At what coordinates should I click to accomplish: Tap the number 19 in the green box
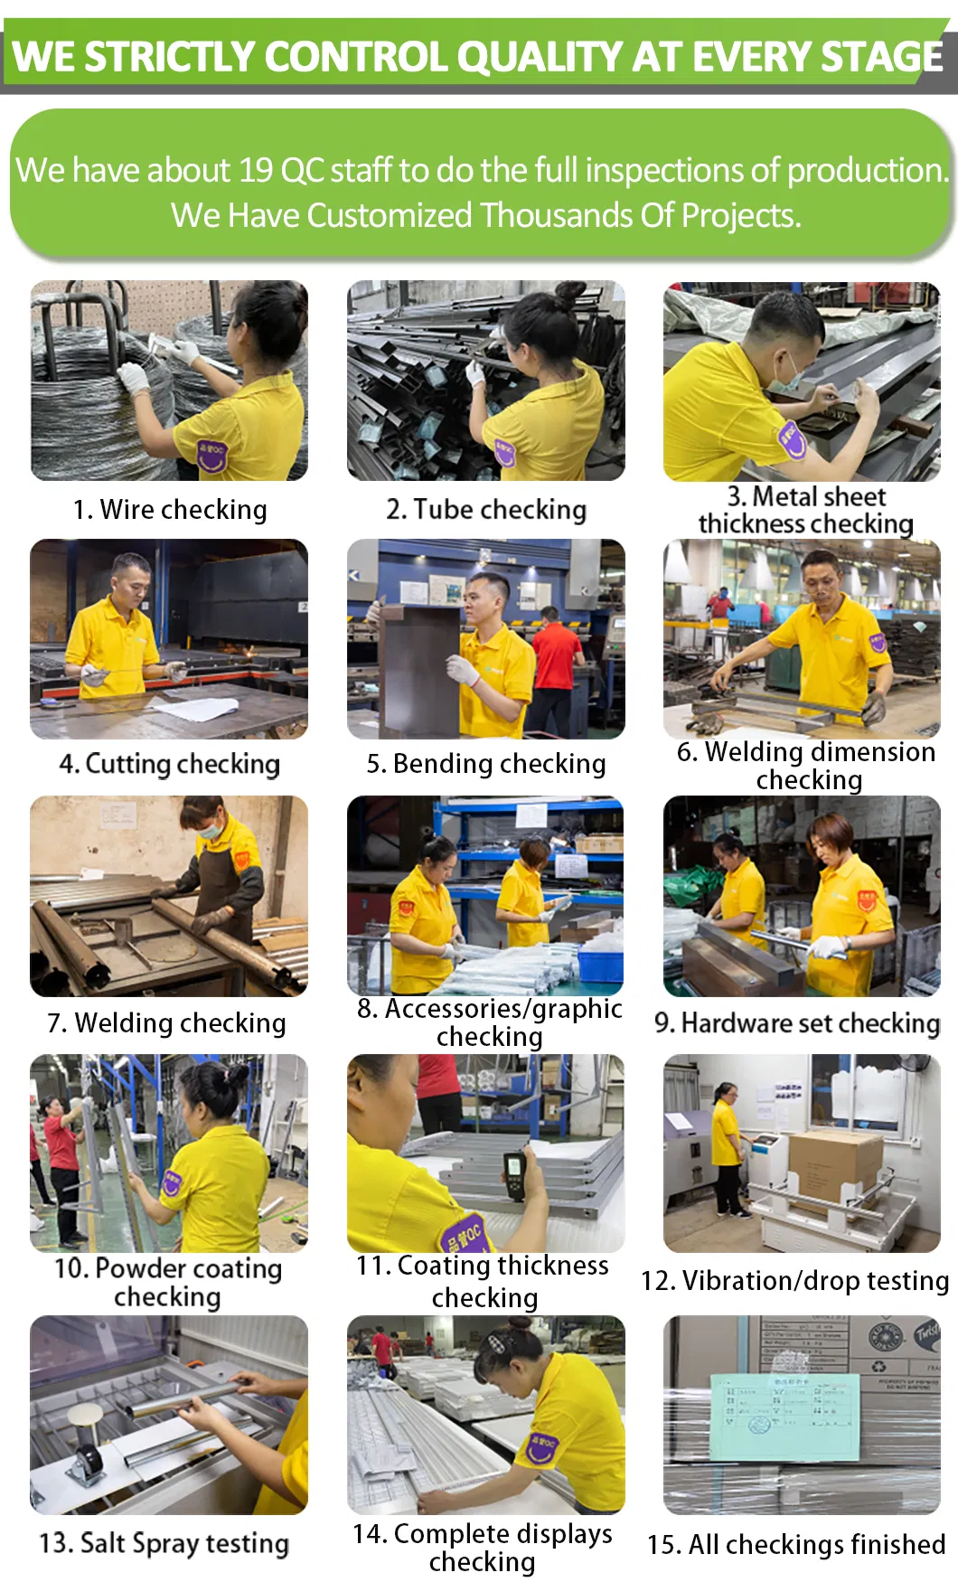point(256,170)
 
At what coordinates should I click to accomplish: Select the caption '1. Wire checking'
point(170,510)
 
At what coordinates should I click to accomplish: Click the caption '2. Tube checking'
point(486,510)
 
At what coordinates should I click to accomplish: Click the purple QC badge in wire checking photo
point(211,455)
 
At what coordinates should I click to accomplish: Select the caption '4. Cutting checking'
point(170,765)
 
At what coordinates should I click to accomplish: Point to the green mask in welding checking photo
point(211,829)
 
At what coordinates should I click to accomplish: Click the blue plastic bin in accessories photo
point(600,965)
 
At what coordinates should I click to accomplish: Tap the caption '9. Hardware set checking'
point(797,1023)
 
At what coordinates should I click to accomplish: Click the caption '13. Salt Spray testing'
point(164,1543)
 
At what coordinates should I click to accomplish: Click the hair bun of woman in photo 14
point(523,1325)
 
